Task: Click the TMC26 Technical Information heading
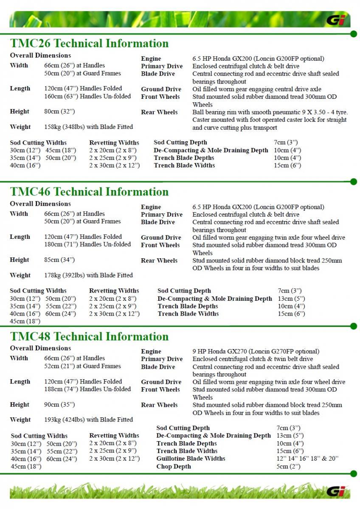point(89,43)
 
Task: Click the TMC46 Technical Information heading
point(89,192)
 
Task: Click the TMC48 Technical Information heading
point(89,336)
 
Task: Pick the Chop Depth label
point(174,467)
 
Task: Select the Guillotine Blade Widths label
point(191,459)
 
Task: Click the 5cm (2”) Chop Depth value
point(288,467)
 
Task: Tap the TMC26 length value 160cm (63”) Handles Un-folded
point(87,96)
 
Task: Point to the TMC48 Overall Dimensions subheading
point(40,348)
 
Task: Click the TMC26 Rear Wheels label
point(159,112)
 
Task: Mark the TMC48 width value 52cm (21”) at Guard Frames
point(82,366)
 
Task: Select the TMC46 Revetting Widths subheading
point(114,291)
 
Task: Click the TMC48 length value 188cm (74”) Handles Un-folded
point(87,389)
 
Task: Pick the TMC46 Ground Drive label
point(161,238)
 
